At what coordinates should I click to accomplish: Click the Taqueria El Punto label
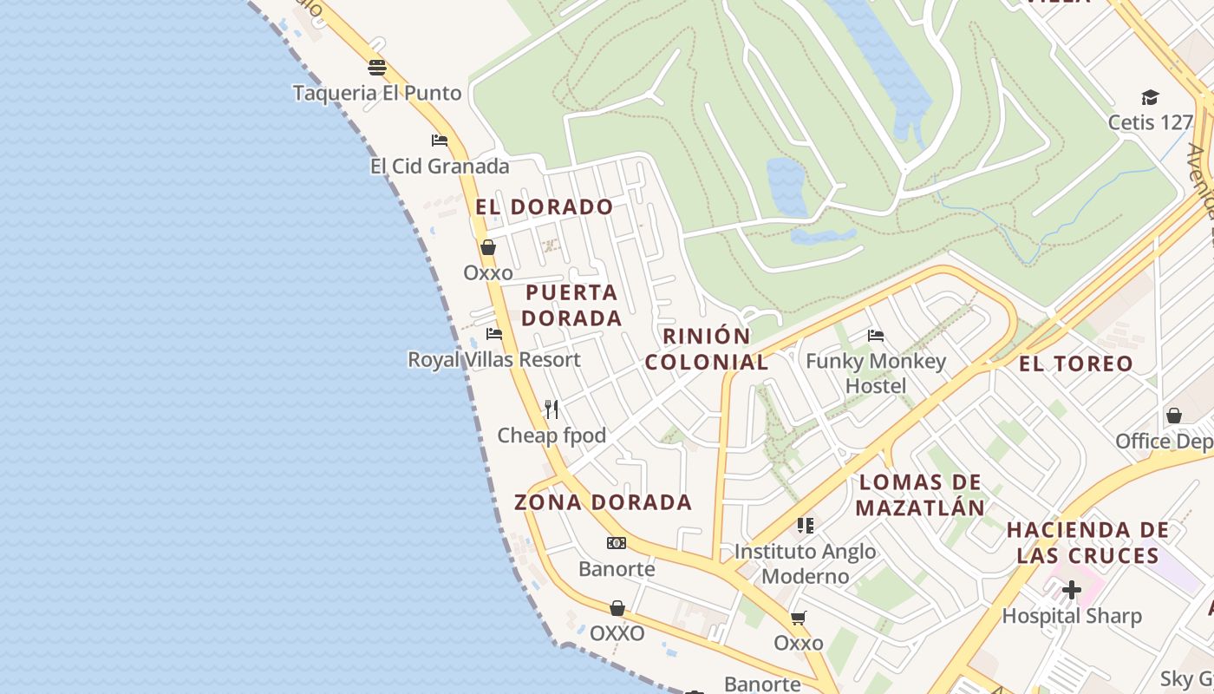click(x=377, y=93)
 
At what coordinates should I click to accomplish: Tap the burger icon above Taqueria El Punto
click(x=376, y=68)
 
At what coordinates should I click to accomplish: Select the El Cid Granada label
click(x=440, y=166)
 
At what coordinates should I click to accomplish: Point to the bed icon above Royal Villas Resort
click(x=494, y=334)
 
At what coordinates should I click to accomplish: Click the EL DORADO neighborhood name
click(x=545, y=207)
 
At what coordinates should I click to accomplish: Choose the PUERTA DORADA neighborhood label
click(x=572, y=305)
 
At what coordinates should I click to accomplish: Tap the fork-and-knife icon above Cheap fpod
click(x=552, y=409)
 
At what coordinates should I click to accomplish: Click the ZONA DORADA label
click(x=604, y=502)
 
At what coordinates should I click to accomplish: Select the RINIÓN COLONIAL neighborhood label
click(x=707, y=350)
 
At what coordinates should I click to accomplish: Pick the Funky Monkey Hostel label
click(x=876, y=373)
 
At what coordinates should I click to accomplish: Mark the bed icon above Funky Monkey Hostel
click(x=876, y=336)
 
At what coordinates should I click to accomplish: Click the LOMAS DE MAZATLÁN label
click(x=921, y=495)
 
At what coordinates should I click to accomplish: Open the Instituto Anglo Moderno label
click(x=806, y=564)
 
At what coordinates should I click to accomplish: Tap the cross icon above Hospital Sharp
click(x=1072, y=591)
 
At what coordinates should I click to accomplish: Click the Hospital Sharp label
click(x=1072, y=616)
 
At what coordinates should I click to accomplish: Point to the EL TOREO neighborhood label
click(x=1076, y=364)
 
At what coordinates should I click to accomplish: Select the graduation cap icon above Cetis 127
click(x=1150, y=97)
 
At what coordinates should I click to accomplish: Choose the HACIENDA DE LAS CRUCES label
click(x=1088, y=543)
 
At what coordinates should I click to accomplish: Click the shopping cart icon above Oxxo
click(x=798, y=619)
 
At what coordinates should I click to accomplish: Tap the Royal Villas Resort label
click(x=494, y=359)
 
